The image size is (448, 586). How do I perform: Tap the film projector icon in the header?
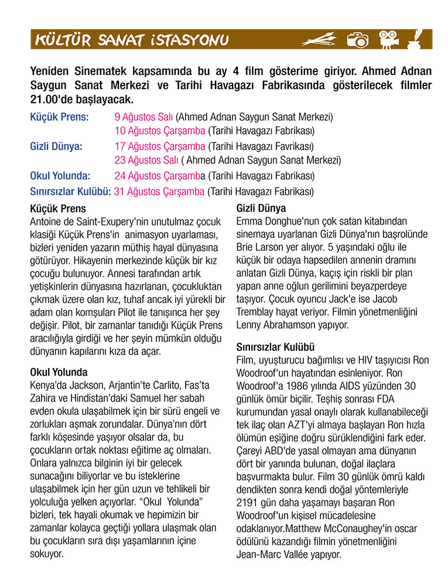point(387,39)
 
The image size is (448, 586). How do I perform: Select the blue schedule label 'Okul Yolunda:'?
point(60,175)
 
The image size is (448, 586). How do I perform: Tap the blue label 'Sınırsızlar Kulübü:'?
point(70,190)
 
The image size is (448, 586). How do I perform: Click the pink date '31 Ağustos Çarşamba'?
point(159,190)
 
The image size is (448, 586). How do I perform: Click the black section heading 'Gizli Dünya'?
point(261,209)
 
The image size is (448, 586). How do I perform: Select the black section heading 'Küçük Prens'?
point(57,209)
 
